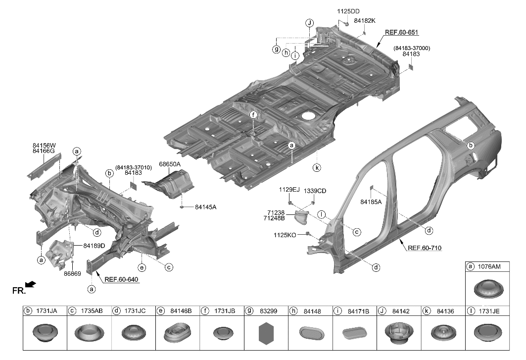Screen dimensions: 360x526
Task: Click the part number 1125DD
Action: click(348, 11)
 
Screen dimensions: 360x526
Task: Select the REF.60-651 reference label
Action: click(401, 33)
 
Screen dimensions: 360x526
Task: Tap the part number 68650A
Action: click(170, 164)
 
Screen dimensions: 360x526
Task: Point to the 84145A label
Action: click(206, 207)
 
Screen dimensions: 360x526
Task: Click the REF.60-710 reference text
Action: click(425, 248)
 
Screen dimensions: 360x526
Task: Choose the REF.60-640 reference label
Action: click(121, 279)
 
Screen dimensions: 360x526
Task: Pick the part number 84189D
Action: click(94, 246)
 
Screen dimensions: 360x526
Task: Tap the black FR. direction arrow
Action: click(31, 284)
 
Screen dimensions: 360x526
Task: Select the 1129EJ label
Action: click(289, 190)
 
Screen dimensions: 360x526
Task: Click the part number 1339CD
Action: click(315, 191)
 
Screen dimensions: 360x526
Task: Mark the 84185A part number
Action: click(371, 202)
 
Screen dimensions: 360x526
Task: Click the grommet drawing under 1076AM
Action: click(487, 289)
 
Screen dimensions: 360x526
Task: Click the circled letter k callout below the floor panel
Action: click(316, 167)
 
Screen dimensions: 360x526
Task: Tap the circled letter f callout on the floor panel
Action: click(253, 115)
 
